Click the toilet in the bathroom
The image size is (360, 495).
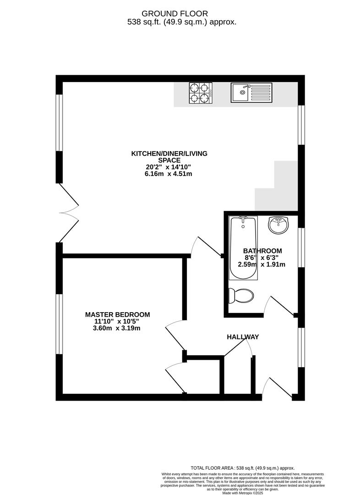click(x=241, y=296)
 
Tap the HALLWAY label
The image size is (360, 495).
click(x=243, y=337)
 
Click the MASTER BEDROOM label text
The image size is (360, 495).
click(x=117, y=314)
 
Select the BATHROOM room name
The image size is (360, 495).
click(x=262, y=251)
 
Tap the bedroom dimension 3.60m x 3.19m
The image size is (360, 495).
click(x=117, y=328)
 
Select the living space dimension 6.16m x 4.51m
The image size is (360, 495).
click(x=169, y=173)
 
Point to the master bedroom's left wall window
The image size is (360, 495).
click(x=59, y=324)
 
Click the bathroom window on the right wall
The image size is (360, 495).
click(x=301, y=247)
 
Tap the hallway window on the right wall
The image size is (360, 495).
click(x=301, y=347)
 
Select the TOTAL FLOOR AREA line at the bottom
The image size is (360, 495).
click(x=243, y=468)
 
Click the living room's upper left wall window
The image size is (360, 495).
click(x=59, y=122)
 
